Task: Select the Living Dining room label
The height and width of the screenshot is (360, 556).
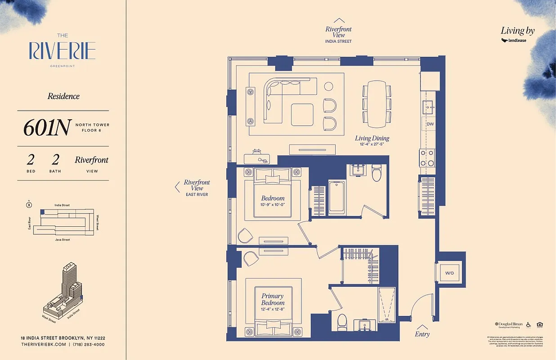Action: coord(372,138)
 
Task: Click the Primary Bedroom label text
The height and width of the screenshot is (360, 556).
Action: coord(273,299)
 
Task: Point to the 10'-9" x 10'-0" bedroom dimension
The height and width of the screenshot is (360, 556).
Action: coord(273,205)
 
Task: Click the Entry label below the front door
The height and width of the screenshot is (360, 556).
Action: coord(422,334)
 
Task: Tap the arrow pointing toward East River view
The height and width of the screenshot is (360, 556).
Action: coord(177,187)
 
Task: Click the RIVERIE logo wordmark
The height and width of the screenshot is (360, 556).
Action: coord(63,51)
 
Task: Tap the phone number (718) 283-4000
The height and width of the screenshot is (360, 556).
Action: coord(89,344)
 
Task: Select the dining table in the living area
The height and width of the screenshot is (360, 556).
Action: coord(377,103)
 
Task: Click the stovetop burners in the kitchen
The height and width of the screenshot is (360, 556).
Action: coord(427,158)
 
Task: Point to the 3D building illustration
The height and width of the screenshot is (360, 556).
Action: coord(63,292)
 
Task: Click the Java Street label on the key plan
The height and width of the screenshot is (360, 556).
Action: coord(63,240)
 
